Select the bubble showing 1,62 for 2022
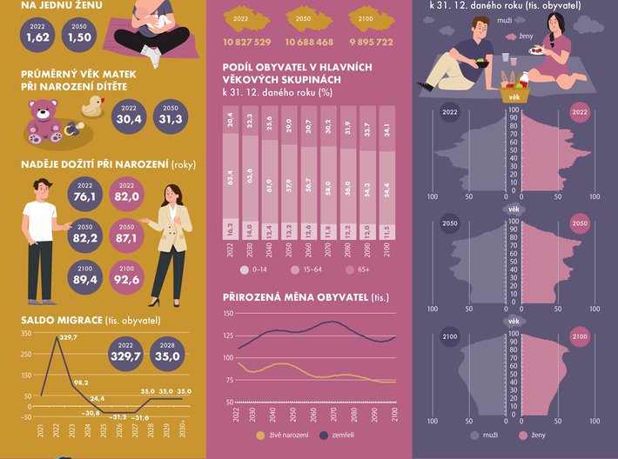37,33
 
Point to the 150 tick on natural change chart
229,313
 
